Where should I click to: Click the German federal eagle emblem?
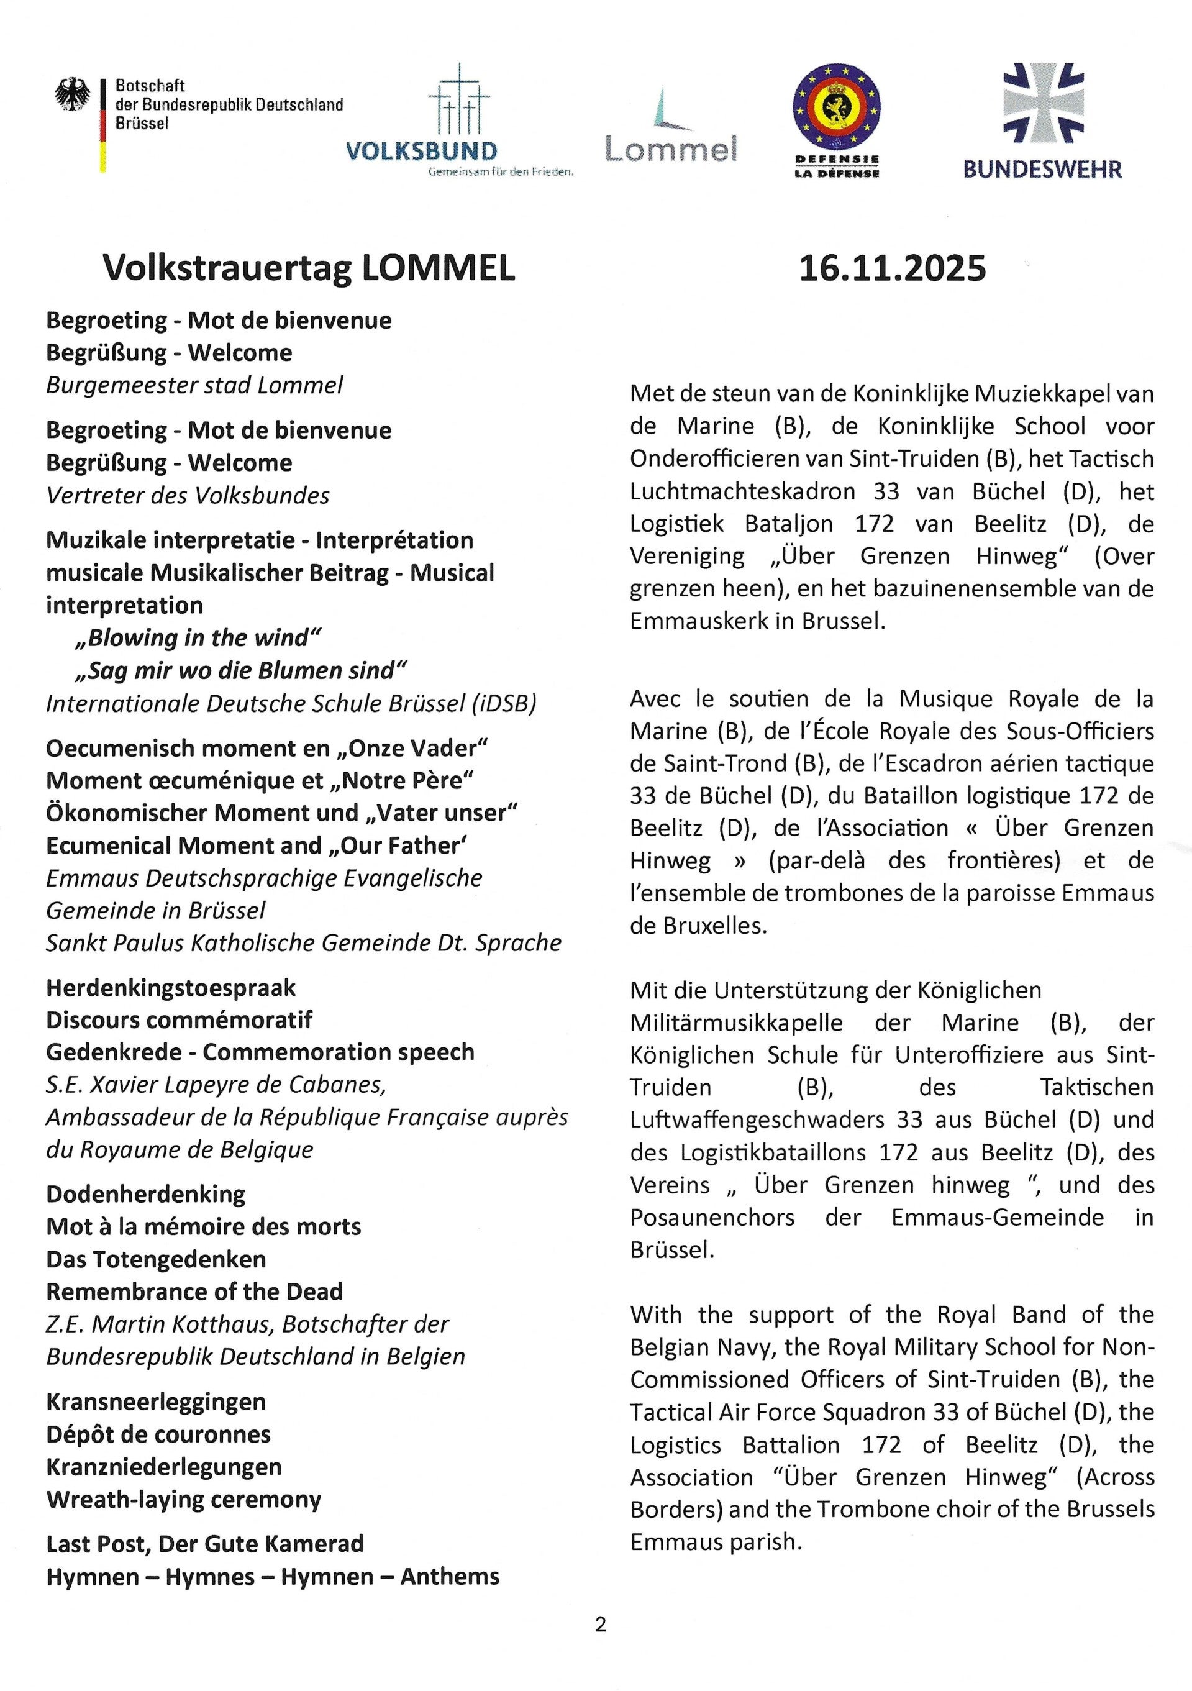point(73,95)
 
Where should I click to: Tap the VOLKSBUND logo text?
point(421,151)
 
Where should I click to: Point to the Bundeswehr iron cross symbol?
point(1044,103)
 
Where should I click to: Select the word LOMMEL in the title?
point(438,268)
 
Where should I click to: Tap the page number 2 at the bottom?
point(600,1644)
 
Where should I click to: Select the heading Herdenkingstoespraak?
point(171,987)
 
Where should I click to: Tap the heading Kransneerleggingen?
point(156,1401)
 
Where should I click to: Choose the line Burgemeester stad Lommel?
point(194,385)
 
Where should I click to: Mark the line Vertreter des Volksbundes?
point(188,495)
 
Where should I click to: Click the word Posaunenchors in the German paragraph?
point(712,1217)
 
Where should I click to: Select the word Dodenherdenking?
point(146,1194)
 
